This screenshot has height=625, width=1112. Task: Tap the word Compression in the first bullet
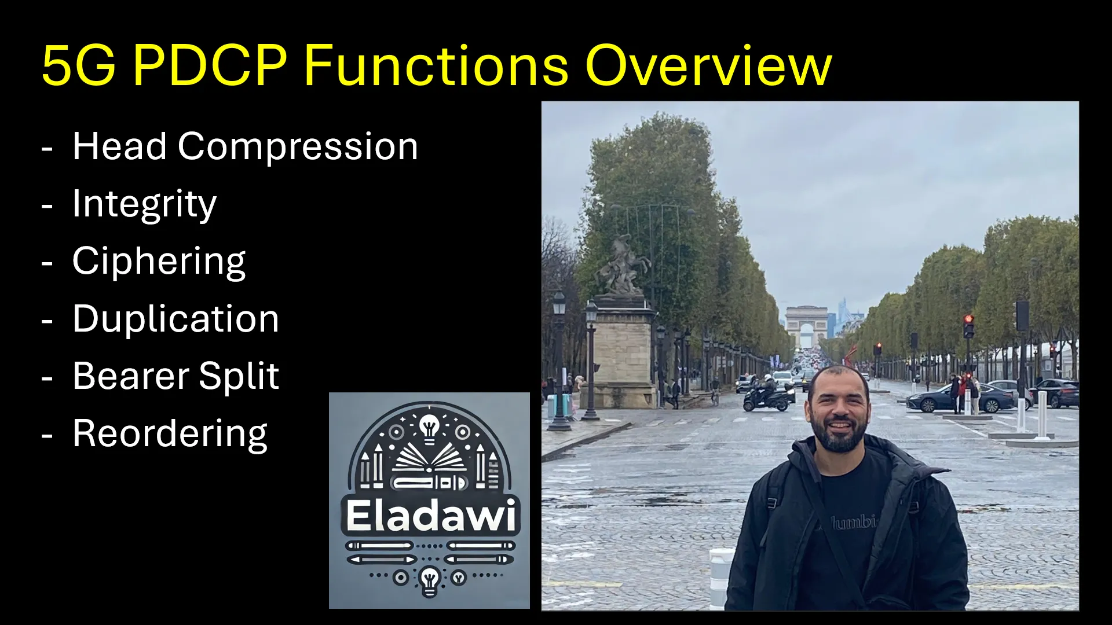pos(298,147)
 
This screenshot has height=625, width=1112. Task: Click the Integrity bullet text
pos(144,204)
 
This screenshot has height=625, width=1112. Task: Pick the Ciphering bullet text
pos(159,262)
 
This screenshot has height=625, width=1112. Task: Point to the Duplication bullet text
pos(175,319)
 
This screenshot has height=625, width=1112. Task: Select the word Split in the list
pos(239,376)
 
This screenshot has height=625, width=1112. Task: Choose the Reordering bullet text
pos(170,433)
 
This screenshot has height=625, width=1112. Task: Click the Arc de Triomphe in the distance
pos(806,326)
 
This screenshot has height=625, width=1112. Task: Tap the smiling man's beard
pos(839,437)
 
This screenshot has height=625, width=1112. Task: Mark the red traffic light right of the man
pos(968,320)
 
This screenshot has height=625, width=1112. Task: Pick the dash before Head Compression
pos(47,148)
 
